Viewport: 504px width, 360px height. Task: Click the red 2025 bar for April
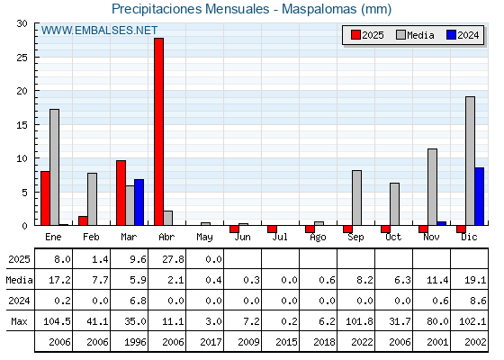coord(158,131)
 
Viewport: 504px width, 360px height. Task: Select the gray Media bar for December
coord(470,161)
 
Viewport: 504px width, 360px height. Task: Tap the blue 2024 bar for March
coord(139,202)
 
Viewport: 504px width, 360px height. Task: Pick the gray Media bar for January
coord(54,167)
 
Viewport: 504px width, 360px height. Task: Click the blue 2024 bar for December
coord(479,196)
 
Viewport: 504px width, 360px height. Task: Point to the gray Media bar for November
coord(432,187)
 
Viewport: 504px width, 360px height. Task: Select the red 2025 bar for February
coord(83,220)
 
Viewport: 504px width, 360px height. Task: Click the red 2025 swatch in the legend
coord(355,35)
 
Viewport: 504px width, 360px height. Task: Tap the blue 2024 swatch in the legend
coord(451,35)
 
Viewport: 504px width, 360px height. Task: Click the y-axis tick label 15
coord(22,125)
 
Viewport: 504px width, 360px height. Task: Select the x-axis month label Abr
coord(166,238)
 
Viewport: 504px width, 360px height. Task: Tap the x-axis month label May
coord(204,238)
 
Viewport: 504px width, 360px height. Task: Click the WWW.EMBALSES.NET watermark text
coord(99,31)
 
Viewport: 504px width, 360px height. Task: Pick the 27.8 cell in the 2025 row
coord(173,259)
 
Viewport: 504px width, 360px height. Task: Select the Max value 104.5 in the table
coord(57,321)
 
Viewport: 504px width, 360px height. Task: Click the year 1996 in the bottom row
coord(135,342)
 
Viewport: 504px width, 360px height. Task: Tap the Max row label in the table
coord(19,321)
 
